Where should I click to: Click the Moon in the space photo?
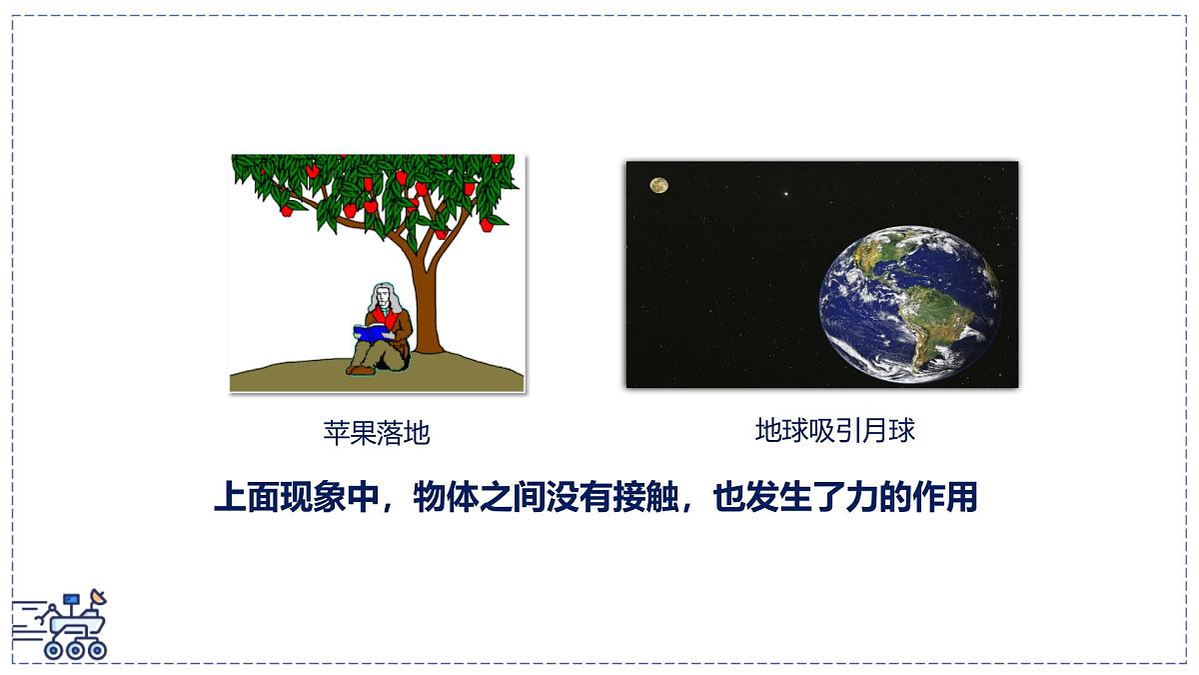pyautogui.click(x=658, y=185)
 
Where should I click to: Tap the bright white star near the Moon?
pyautogui.click(x=785, y=194)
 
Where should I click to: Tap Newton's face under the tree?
pyautogui.click(x=382, y=298)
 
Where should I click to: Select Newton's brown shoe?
pyautogui.click(x=360, y=370)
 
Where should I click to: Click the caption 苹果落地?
pyautogui.click(x=376, y=433)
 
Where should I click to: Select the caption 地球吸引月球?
pyautogui.click(x=834, y=431)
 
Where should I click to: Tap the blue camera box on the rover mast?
pyautogui.click(x=71, y=600)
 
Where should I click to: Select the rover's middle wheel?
pyautogui.click(x=75, y=649)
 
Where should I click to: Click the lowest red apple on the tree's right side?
pyautogui.click(x=487, y=225)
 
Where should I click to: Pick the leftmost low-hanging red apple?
pyautogui.click(x=287, y=210)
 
